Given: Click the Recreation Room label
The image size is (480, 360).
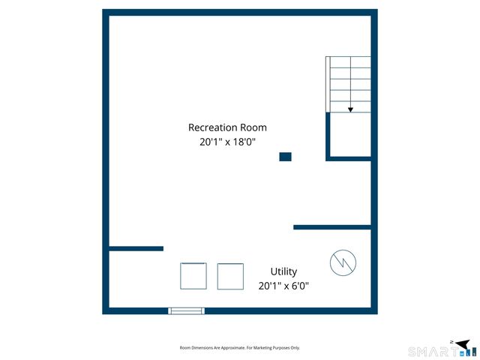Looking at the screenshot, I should (227, 127).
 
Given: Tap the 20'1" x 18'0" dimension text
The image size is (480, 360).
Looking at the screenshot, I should (227, 141).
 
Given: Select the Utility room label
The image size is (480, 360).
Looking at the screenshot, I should (283, 271).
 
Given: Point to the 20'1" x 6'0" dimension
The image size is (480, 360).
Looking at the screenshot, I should (283, 286).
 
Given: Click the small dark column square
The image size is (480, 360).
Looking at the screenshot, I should (285, 157).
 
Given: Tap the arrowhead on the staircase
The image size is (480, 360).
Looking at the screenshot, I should (350, 109).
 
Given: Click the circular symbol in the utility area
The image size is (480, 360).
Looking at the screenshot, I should (343, 262).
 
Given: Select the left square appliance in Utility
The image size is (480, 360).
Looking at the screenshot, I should (193, 276).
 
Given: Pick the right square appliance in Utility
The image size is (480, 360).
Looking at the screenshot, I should (230, 276).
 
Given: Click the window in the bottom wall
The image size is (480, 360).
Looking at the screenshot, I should (186, 310).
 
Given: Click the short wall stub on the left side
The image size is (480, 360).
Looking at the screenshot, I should (136, 248).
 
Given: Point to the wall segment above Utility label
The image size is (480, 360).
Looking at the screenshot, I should (331, 226).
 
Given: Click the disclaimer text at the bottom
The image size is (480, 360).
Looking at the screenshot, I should (240, 348).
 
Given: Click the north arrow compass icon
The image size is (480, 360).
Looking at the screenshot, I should (465, 343).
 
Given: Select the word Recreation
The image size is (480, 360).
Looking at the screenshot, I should (213, 127).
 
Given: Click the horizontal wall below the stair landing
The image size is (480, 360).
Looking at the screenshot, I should (349, 159).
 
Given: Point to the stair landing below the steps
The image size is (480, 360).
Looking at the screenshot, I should (351, 135).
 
